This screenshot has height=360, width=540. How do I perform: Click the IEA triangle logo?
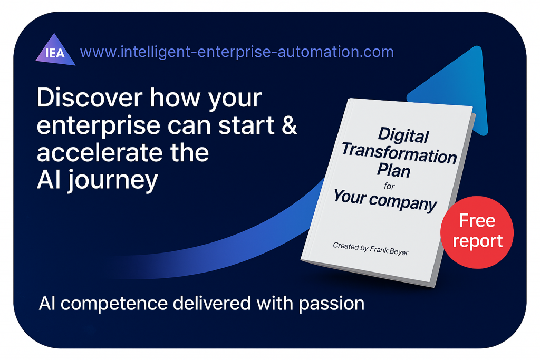click(55, 51)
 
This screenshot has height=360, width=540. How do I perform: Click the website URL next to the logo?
click(237, 52)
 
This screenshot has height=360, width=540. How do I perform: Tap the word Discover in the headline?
click(90, 98)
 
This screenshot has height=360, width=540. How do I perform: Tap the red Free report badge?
click(477, 232)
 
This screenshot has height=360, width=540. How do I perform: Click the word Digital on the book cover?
click(403, 135)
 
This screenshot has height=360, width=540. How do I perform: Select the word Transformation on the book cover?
click(399, 153)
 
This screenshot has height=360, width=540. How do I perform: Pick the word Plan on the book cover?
click(393, 170)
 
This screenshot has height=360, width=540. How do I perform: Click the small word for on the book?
click(389, 186)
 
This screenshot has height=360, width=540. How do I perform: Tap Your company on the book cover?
click(385, 201)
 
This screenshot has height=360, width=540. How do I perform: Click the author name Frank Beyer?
click(390, 250)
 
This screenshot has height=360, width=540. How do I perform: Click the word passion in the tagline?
click(332, 304)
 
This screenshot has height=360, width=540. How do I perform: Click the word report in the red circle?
click(477, 241)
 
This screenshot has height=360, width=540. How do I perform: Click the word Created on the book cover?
click(346, 246)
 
